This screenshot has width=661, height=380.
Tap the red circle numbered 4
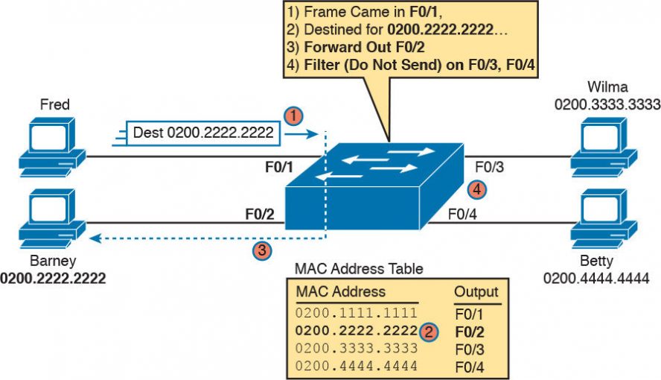pos(478,189)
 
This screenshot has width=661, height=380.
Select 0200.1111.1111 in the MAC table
pos(357,311)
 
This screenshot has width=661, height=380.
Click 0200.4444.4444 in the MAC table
pos(357,365)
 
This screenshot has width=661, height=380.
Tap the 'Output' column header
pos(476,291)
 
